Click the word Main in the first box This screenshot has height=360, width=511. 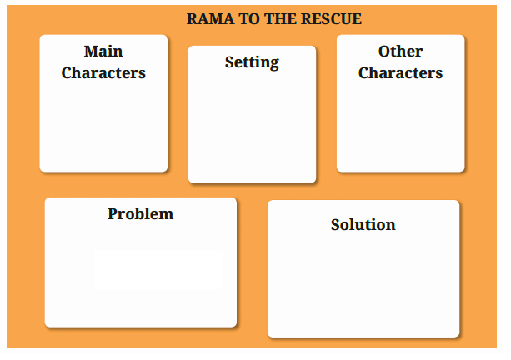pyautogui.click(x=103, y=52)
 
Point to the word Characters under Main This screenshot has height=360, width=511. pyautogui.click(x=103, y=72)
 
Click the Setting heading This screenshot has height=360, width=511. pyautogui.click(x=252, y=62)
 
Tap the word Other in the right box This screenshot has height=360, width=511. pyautogui.click(x=400, y=52)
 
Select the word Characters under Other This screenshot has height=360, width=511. pyautogui.click(x=400, y=72)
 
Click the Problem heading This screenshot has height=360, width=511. pyautogui.click(x=140, y=213)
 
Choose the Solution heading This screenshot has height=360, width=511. pyautogui.click(x=363, y=224)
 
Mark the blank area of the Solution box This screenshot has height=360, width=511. pyautogui.click(x=363, y=287)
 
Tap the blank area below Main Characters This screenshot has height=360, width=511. pyautogui.click(x=103, y=129)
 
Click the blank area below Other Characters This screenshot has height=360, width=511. pyautogui.click(x=400, y=129)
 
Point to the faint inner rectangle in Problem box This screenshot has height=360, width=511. pyautogui.click(x=157, y=270)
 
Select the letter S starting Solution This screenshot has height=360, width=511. pyautogui.click(x=335, y=224)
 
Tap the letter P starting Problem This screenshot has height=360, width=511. pyautogui.click(x=113, y=213)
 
